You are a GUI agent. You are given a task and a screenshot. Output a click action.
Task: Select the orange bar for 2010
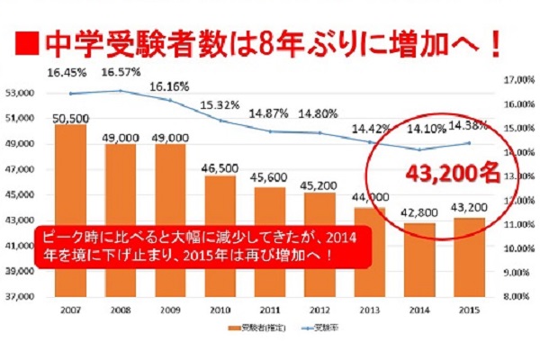pyautogui.click(x=220, y=234)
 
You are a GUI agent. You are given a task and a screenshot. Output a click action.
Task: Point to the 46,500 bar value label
pyautogui.click(x=220, y=168)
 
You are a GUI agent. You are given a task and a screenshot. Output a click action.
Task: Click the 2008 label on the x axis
pyautogui.click(x=120, y=308)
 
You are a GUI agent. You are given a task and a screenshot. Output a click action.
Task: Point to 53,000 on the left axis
pyautogui.click(x=19, y=93)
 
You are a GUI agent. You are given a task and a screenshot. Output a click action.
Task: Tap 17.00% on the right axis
pyautogui.click(x=514, y=80)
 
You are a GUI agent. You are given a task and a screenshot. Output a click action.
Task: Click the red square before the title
pyautogui.click(x=28, y=42)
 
